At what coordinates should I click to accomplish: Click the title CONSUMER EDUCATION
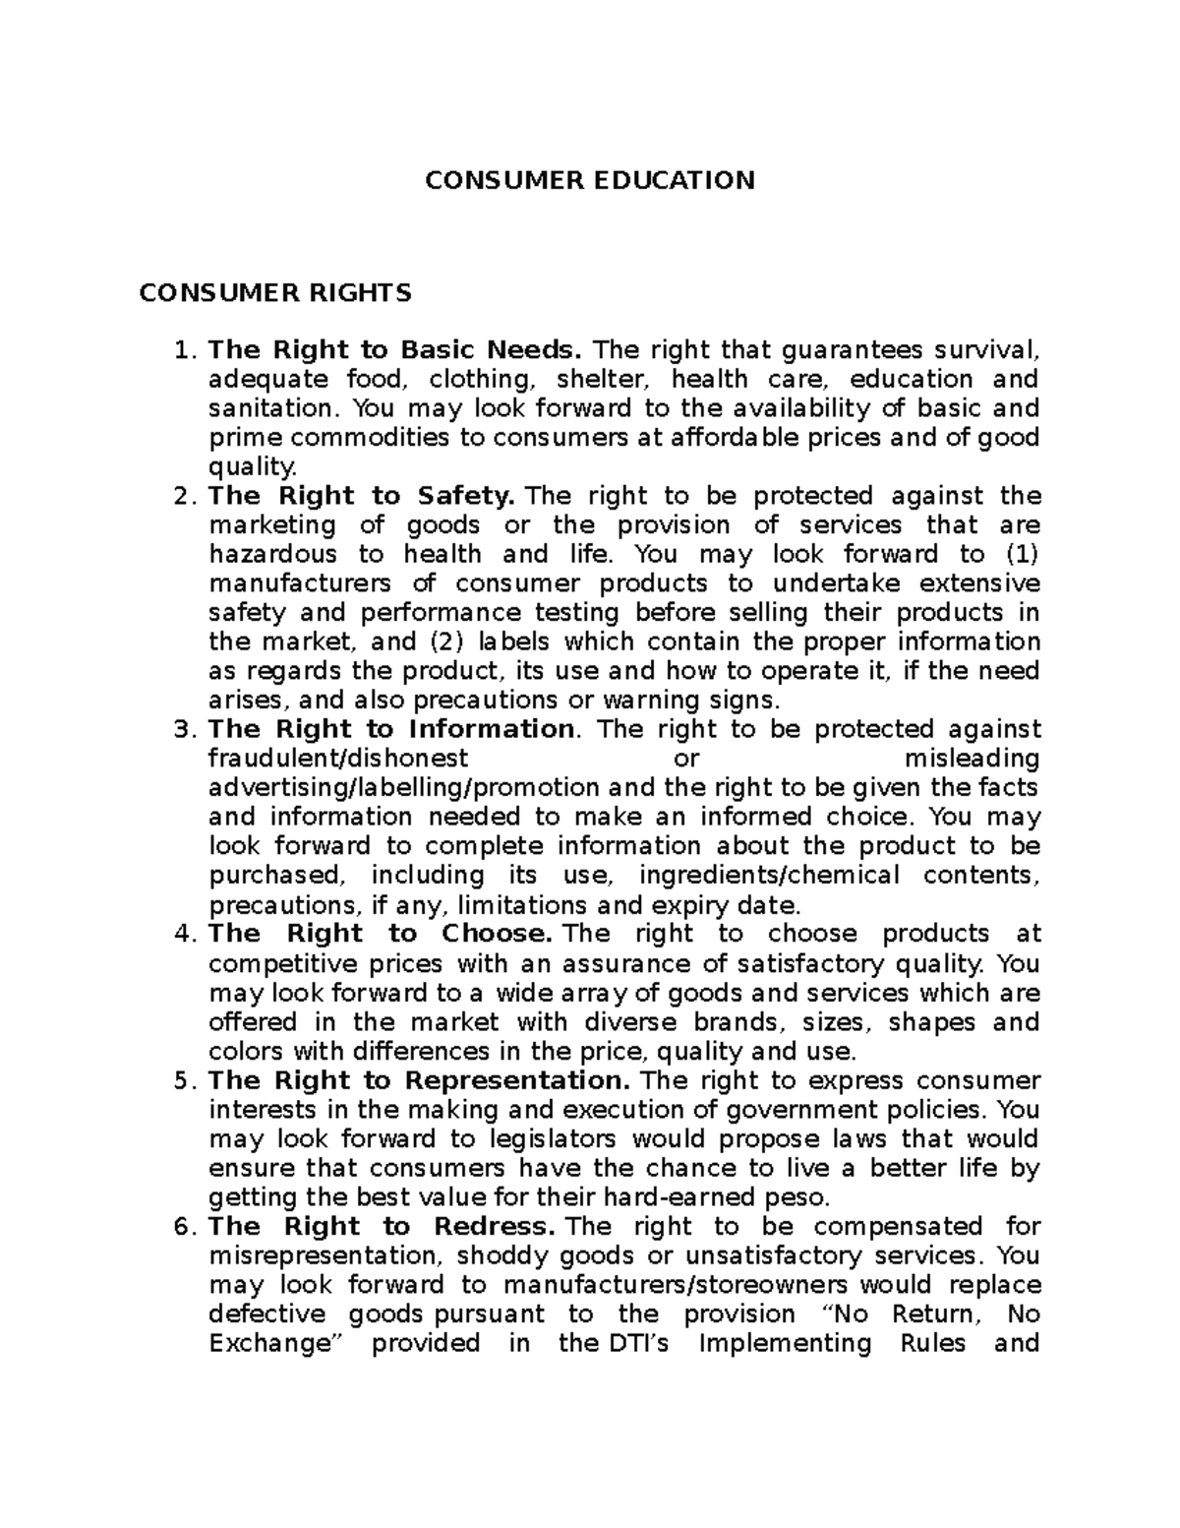click(x=589, y=180)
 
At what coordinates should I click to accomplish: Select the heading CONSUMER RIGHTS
click(x=275, y=293)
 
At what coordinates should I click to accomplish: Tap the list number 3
click(x=180, y=729)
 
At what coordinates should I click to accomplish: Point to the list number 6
click(x=180, y=1227)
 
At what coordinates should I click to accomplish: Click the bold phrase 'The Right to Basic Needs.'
click(x=395, y=350)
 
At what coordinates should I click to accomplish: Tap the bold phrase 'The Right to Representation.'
click(x=418, y=1080)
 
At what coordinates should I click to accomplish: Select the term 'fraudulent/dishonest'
click(x=339, y=759)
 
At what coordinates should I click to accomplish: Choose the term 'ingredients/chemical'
click(x=769, y=876)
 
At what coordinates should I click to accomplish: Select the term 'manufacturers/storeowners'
click(x=678, y=1285)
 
